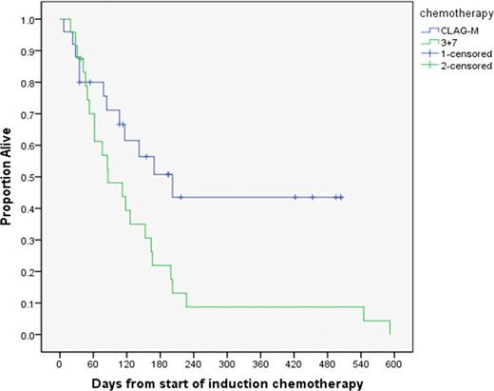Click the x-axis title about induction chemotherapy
(227, 383)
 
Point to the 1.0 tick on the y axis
(31, 19)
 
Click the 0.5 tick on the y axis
(31, 177)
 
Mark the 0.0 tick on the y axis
(31, 335)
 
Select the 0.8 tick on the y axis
(31, 83)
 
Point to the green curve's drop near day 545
(363, 314)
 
